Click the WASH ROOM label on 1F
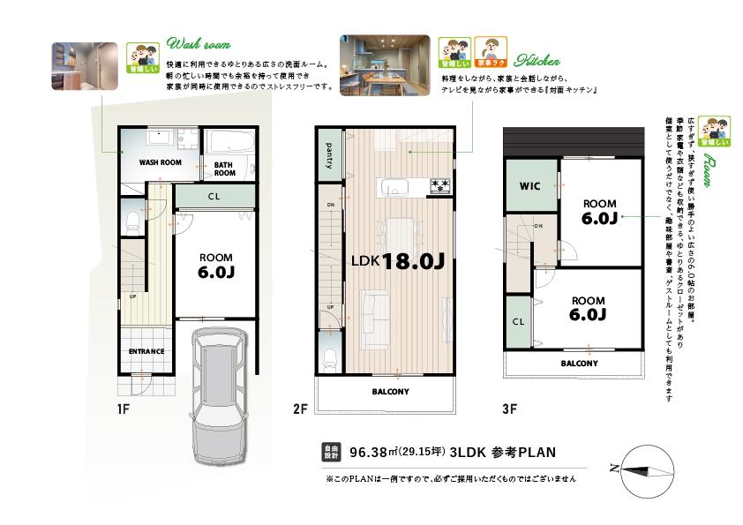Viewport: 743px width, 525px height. click(x=159, y=163)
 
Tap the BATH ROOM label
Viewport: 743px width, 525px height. click(x=224, y=168)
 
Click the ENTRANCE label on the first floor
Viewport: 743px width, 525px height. click(x=146, y=351)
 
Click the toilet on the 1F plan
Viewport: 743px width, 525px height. click(x=132, y=218)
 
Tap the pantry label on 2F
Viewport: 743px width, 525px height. click(x=328, y=155)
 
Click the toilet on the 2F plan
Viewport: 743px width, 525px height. click(x=330, y=358)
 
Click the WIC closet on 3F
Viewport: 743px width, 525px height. click(x=529, y=186)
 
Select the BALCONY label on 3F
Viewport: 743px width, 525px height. click(x=579, y=363)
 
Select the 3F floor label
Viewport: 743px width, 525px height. click(x=508, y=409)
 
